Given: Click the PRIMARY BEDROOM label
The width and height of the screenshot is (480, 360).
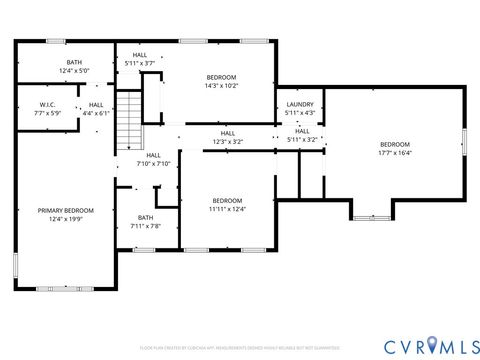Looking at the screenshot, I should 66,210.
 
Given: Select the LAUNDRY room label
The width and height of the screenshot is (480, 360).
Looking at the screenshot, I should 300,104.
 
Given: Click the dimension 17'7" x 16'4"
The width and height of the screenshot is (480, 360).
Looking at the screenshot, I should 395,153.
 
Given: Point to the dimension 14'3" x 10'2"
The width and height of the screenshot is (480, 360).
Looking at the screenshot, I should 222,86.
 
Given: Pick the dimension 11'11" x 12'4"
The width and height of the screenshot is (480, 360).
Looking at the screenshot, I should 226,209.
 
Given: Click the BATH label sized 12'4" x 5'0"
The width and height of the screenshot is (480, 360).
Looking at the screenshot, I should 74,62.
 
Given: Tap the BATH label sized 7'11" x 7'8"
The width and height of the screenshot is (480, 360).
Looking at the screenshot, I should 146,217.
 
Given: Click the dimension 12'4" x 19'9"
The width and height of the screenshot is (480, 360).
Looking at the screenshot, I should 66,219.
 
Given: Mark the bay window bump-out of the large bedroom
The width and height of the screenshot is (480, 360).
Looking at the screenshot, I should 372,211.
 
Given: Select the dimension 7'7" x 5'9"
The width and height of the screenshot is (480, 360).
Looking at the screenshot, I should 47,113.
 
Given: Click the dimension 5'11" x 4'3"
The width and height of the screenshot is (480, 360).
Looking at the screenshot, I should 300,113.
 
